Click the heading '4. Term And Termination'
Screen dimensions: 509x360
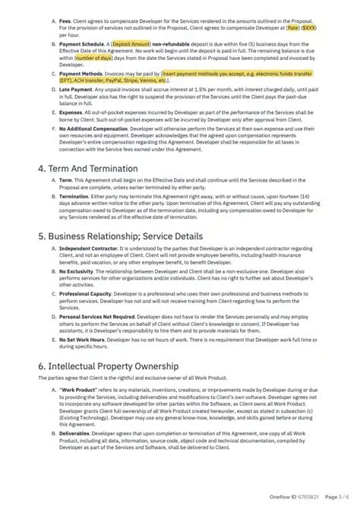(x=87, y=189)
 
